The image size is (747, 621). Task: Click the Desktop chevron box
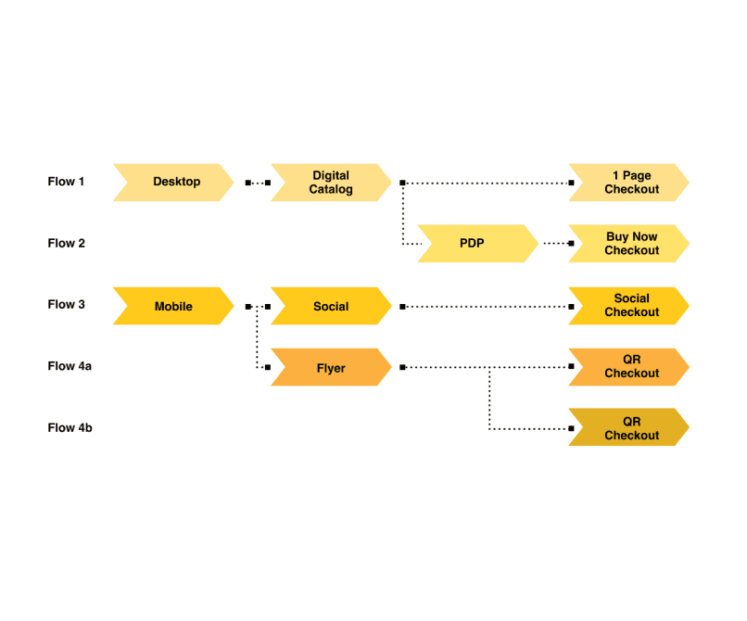173,182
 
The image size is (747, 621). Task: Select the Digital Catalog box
331,182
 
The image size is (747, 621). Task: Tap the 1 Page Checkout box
629,182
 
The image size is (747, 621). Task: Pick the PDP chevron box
475,244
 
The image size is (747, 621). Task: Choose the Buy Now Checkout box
629,244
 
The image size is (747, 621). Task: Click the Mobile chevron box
173,306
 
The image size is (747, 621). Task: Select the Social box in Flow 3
331,306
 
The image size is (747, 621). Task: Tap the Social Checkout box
629,306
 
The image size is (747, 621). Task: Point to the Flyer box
331,368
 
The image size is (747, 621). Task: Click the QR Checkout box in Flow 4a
629,367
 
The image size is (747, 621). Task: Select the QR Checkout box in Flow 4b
629,428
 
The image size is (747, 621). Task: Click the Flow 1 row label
66,182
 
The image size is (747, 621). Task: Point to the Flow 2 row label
66,244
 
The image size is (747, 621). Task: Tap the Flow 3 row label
66,305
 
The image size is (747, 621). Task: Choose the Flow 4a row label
70,367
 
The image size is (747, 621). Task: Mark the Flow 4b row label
70,428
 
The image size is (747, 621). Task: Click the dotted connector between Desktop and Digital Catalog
258,183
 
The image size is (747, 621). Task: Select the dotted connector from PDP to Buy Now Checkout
556,244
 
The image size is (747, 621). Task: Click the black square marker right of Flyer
402,368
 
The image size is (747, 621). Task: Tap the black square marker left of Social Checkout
572,306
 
